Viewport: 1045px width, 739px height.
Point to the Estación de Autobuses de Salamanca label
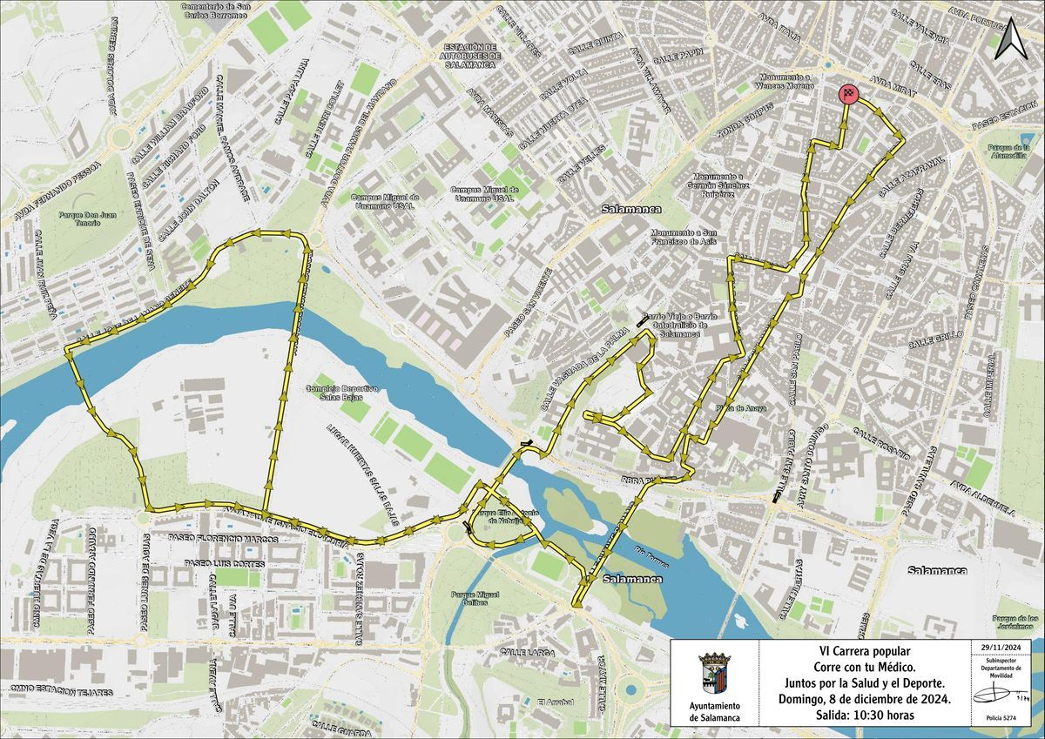[x=469, y=56]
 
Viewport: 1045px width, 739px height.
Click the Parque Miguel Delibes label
[x=475, y=599]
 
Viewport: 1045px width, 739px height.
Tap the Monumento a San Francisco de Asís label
[x=686, y=238]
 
